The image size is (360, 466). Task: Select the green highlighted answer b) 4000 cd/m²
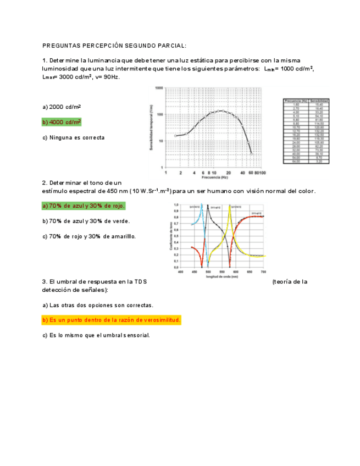coord(62,122)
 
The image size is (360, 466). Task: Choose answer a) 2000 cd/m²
coord(62,107)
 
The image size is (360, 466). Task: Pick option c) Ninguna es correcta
coord(73,137)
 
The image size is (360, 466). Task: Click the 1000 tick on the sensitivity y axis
coord(159,88)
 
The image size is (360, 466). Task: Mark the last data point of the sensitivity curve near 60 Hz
coord(252,154)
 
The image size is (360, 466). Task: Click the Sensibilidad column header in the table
coord(319,101)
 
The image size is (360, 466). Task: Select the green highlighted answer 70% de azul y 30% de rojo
coord(84,206)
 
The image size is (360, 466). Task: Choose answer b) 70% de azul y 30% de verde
coord(86,221)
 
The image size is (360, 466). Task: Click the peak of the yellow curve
coord(230,206)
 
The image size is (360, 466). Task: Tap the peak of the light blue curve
coord(202,206)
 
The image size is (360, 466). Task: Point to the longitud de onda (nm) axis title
coord(222,276)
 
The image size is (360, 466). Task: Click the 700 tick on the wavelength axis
coord(263,271)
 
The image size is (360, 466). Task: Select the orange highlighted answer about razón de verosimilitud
coord(112,320)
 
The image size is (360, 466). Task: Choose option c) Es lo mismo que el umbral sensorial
coord(96,335)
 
